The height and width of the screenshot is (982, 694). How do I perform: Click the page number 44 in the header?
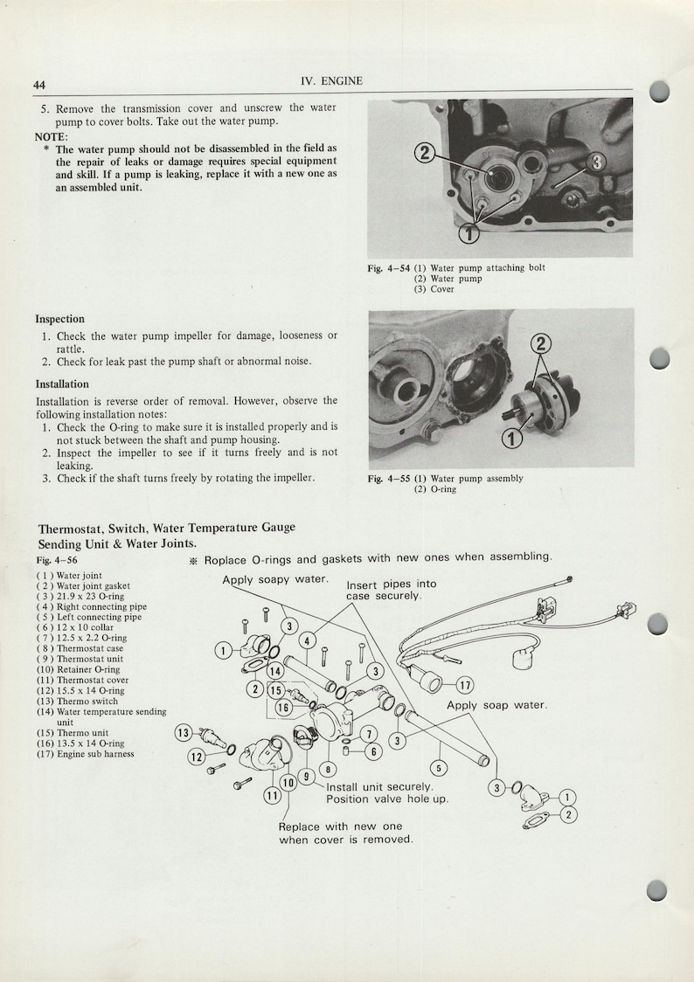click(39, 85)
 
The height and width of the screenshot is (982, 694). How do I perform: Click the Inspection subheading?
click(59, 319)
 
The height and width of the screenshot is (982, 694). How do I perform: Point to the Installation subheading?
click(62, 384)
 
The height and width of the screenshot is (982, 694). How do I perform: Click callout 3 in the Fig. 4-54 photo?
click(597, 162)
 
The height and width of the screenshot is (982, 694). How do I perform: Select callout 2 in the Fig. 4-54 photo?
click(423, 154)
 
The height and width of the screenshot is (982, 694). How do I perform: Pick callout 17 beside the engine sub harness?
click(465, 685)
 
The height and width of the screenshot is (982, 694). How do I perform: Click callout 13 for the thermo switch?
click(184, 732)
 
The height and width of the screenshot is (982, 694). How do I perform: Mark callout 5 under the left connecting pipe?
click(440, 768)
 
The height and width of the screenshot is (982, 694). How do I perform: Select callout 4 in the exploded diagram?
click(308, 640)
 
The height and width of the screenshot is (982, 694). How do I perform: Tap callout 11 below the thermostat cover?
click(271, 795)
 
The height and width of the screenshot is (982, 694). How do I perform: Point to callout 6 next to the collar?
click(373, 751)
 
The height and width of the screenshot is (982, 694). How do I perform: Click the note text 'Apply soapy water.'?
click(275, 580)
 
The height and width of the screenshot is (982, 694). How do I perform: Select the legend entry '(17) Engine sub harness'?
click(85, 754)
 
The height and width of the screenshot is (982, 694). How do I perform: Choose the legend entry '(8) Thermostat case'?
click(80, 649)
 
